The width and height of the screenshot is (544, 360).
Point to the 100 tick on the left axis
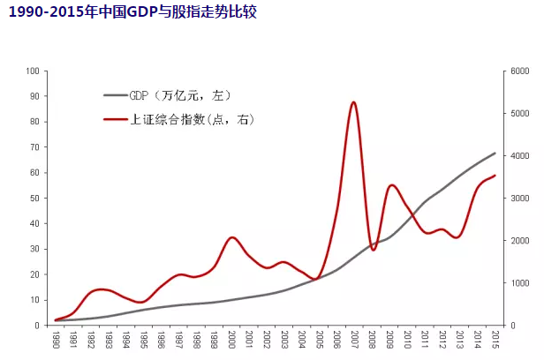pos(34,71)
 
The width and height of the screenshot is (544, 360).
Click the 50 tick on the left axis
pos(35,199)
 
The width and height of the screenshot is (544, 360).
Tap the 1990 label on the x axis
pos(55,340)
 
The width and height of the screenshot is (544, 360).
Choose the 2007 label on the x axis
pos(353,340)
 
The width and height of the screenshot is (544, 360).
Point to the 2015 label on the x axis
pos(495,340)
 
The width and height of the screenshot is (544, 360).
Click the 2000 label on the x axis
pos(230,340)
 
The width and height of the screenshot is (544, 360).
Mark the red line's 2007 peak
pos(353,102)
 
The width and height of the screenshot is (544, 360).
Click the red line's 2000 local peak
pos(231,237)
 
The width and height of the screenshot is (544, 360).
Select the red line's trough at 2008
pos(373,250)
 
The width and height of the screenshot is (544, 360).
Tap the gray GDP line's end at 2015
pos(495,153)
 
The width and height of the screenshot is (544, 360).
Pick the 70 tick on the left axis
pos(35,147)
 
